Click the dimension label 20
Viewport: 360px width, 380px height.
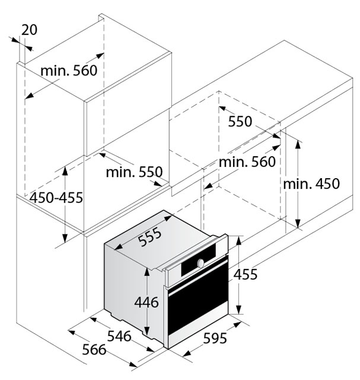(x=29, y=30)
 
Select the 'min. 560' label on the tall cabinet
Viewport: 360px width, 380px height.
(x=69, y=71)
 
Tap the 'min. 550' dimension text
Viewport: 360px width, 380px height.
(x=134, y=172)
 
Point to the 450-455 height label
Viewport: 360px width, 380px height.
(x=56, y=197)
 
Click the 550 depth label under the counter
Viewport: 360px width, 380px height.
(x=240, y=121)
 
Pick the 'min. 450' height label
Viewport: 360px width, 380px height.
(x=311, y=183)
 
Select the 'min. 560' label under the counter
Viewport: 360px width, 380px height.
(x=247, y=161)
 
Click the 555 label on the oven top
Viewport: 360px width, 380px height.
(x=149, y=236)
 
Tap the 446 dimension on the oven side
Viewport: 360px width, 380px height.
(x=146, y=302)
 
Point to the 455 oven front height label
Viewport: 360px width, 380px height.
(x=246, y=274)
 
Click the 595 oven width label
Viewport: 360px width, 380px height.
(x=215, y=338)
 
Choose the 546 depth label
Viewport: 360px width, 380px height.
(x=119, y=336)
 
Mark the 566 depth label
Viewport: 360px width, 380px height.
(x=94, y=350)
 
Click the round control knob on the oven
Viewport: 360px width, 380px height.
(x=200, y=263)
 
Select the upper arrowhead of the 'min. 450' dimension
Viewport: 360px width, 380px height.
(x=298, y=145)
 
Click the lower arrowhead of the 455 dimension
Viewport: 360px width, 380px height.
(x=238, y=309)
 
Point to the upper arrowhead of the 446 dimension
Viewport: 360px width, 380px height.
(x=146, y=273)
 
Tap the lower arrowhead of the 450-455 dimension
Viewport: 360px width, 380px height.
(x=65, y=238)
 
